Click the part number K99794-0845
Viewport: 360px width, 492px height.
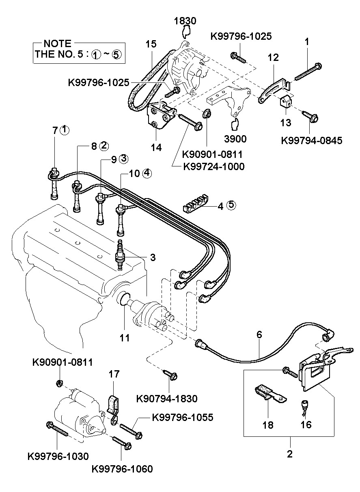pyautogui.click(x=312, y=140)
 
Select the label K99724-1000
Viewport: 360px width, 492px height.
pyautogui.click(x=214, y=166)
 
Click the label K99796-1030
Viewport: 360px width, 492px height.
pyautogui.click(x=58, y=456)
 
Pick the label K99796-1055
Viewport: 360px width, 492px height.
pyautogui.click(x=183, y=417)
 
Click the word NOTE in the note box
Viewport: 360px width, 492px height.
pyautogui.click(x=58, y=43)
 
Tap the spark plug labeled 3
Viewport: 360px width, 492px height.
pyautogui.click(x=120, y=255)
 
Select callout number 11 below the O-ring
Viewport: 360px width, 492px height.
pyautogui.click(x=125, y=338)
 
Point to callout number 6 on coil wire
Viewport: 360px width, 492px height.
pyautogui.click(x=259, y=335)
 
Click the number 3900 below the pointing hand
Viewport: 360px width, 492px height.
pyautogui.click(x=235, y=139)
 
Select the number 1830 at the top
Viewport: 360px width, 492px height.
pyautogui.click(x=185, y=21)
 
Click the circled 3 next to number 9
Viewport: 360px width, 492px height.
pyautogui.click(x=124, y=158)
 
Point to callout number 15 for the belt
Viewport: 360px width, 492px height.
pyautogui.click(x=151, y=44)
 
